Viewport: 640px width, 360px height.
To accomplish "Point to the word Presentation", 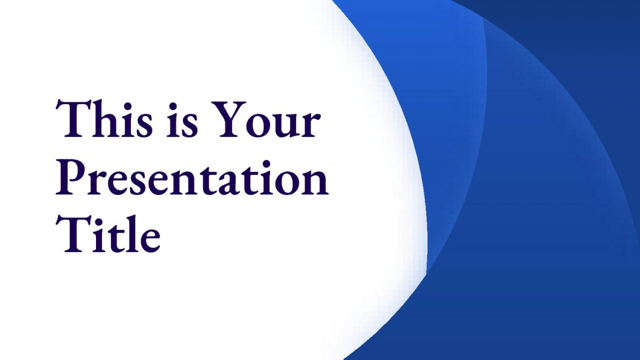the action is [191, 177].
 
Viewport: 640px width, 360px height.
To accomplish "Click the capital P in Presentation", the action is [69, 177].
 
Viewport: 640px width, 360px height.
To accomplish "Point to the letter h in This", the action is [101, 118].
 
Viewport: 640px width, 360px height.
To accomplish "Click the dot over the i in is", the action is [173, 106].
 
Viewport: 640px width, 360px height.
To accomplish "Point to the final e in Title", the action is [148, 240].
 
